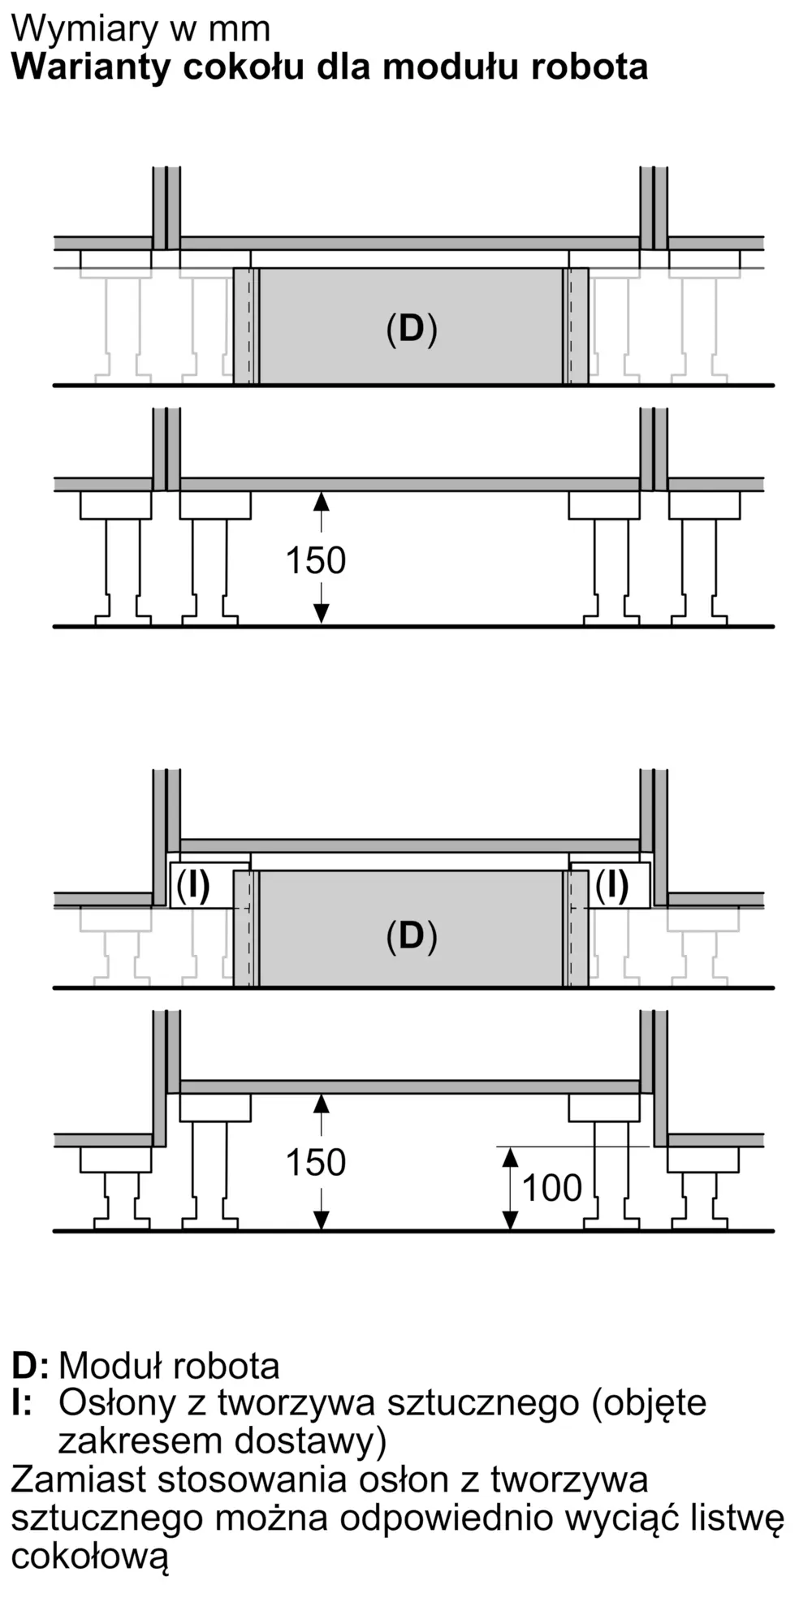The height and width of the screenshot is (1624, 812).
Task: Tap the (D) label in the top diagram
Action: pyautogui.click(x=412, y=329)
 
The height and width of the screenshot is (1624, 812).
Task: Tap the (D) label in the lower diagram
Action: pyautogui.click(x=412, y=936)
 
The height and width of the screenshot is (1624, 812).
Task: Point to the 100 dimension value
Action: pyautogui.click(x=552, y=1188)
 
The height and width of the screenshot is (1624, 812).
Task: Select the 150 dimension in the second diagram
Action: pyautogui.click(x=316, y=560)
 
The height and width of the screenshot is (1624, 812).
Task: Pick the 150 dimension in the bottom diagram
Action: pyautogui.click(x=316, y=1163)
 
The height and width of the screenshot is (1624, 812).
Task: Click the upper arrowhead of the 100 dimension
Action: pyautogui.click(x=510, y=1156)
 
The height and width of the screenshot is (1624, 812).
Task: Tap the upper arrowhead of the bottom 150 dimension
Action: pyautogui.click(x=322, y=1104)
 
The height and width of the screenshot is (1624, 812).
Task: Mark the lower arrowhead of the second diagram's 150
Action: pyautogui.click(x=322, y=615)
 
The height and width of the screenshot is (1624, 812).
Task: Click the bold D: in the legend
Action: pyautogui.click(x=30, y=1366)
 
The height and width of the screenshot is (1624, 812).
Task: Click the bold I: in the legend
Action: pyautogui.click(x=22, y=1403)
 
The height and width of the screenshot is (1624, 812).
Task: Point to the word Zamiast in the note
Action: pyautogui.click(x=79, y=1480)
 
